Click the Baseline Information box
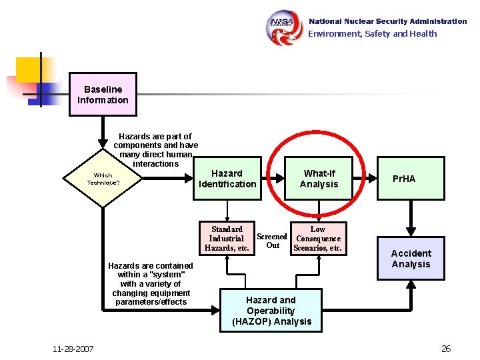103,95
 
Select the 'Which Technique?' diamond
103,179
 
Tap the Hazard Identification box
227,179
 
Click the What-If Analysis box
319,179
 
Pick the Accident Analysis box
411,259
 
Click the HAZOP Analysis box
271,311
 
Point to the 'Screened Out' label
272,241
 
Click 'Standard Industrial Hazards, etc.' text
227,239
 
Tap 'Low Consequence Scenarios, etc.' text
318,239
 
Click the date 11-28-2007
73,349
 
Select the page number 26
446,349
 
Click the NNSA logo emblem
285,27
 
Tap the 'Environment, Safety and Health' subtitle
372,34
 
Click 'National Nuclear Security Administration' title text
387,21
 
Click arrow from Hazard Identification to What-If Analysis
271,179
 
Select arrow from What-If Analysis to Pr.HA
365,179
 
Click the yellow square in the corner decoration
29,71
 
